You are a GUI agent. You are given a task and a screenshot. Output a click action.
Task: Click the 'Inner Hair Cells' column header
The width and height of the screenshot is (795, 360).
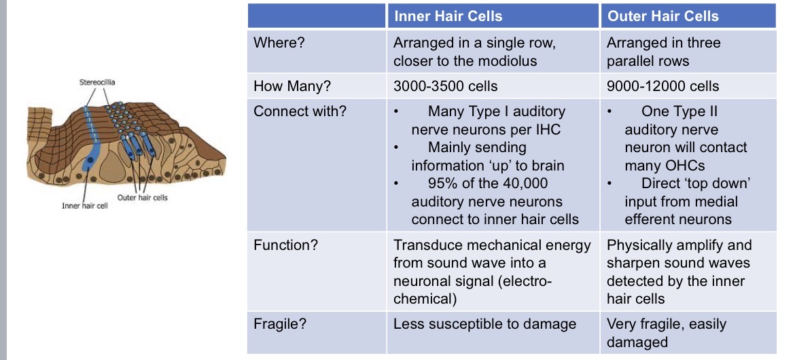point(448,16)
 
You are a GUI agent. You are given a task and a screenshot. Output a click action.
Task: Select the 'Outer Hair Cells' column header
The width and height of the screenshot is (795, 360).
point(662,16)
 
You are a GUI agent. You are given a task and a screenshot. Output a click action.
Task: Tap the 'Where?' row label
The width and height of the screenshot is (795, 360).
point(279,43)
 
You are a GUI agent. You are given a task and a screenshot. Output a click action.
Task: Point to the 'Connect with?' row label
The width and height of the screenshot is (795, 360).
point(300,111)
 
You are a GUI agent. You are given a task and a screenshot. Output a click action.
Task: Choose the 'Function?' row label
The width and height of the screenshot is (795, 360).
point(285,245)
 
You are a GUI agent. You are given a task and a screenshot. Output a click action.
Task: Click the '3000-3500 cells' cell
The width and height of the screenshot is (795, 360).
point(445,86)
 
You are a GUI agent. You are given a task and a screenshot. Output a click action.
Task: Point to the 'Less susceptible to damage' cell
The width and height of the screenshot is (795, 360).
point(484,324)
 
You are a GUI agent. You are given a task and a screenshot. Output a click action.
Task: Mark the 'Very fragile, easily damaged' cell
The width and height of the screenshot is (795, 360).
point(666,333)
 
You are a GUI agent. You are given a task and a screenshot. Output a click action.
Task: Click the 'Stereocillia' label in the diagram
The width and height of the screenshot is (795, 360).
point(98,82)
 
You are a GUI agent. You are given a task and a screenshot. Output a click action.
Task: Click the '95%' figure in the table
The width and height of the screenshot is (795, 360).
point(443,183)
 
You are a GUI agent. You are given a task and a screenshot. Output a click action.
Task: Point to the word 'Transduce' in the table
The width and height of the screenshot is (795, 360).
point(427,245)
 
